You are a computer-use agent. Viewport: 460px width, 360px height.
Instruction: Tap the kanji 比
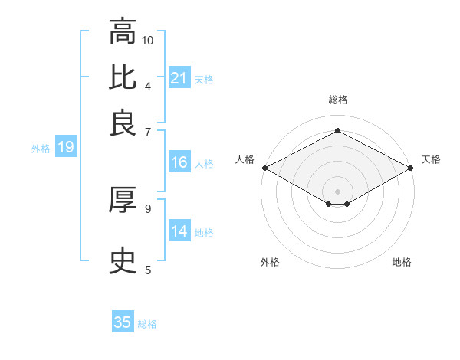pos(123,77)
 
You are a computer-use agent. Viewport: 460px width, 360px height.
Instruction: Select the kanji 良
pos(123,122)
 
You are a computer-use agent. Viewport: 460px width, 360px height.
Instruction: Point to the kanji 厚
pos(123,200)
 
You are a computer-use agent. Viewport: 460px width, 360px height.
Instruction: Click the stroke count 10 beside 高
pos(148,40)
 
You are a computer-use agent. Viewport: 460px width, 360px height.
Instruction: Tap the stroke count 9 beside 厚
pos(148,208)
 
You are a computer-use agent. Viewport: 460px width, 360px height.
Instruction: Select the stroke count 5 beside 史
pos(148,270)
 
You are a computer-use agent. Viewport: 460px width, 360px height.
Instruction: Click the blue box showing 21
pos(179,78)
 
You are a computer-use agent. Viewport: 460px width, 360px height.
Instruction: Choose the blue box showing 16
pos(179,162)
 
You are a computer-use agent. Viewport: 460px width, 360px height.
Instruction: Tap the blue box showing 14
pos(179,231)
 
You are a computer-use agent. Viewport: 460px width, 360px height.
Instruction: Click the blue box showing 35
pos(123,322)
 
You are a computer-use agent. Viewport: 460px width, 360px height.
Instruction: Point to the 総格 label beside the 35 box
pos(147,324)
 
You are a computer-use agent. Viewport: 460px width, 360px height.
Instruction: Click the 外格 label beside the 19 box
pos(41,149)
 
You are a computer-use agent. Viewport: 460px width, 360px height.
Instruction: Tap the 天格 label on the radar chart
pos(431,159)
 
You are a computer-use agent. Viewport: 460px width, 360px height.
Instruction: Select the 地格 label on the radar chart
pos(402,262)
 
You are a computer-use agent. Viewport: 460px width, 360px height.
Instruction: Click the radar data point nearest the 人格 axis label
pos(264,168)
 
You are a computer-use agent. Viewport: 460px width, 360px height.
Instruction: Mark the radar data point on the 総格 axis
pos(337,130)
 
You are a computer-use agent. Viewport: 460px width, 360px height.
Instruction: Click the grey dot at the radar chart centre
pos(337,190)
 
